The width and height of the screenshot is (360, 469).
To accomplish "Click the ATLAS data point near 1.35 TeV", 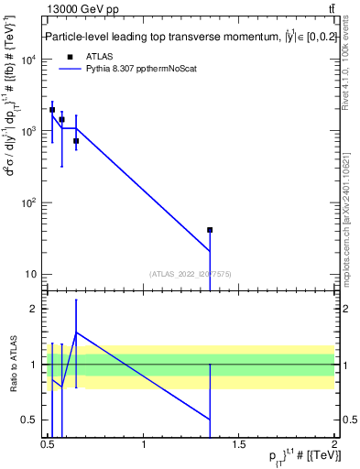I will point(210,230).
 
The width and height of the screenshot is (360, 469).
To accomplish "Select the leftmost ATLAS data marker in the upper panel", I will point(52,110).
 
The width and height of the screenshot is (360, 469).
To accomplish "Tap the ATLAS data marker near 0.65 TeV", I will point(76,141).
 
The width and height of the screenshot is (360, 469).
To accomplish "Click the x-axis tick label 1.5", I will point(238,445).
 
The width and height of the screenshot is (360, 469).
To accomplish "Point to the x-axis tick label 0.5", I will point(48,445).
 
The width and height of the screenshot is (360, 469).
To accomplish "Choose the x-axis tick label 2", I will point(333,445).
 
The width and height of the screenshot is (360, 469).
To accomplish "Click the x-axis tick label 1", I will point(144,445).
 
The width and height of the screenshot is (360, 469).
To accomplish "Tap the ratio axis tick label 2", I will point(35,309).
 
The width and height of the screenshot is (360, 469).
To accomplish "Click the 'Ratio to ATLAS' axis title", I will point(13,365).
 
